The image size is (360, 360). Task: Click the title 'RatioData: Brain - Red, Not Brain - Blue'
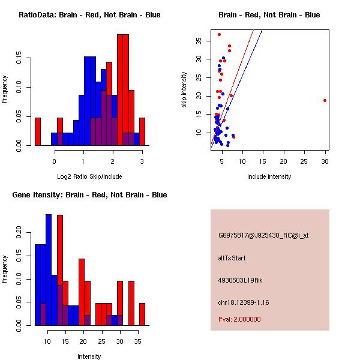pos(89,15)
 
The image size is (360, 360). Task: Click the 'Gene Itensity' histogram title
pos(89,195)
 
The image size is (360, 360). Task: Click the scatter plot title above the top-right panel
pos(269,15)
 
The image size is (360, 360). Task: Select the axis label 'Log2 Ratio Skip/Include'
pos(89,176)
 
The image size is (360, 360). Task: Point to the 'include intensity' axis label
pos(269,176)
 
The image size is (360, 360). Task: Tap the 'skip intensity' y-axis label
pos(184,90)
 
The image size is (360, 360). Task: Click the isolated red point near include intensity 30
pos(325,101)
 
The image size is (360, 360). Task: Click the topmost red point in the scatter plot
pos(220,34)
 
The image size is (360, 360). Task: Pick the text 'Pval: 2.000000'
pos(239,319)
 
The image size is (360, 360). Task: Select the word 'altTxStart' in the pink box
pos(232,258)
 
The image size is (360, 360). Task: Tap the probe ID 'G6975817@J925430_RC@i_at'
pos(263,236)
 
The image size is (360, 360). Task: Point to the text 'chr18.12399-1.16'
pos(244,302)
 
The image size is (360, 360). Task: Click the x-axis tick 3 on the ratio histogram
pos(142,161)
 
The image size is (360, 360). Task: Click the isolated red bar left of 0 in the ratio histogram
pos(38,131)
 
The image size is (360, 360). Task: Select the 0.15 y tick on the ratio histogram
pos(19,60)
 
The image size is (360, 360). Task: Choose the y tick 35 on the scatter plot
pos(199,40)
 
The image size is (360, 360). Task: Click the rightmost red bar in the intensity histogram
pos(142,314)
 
